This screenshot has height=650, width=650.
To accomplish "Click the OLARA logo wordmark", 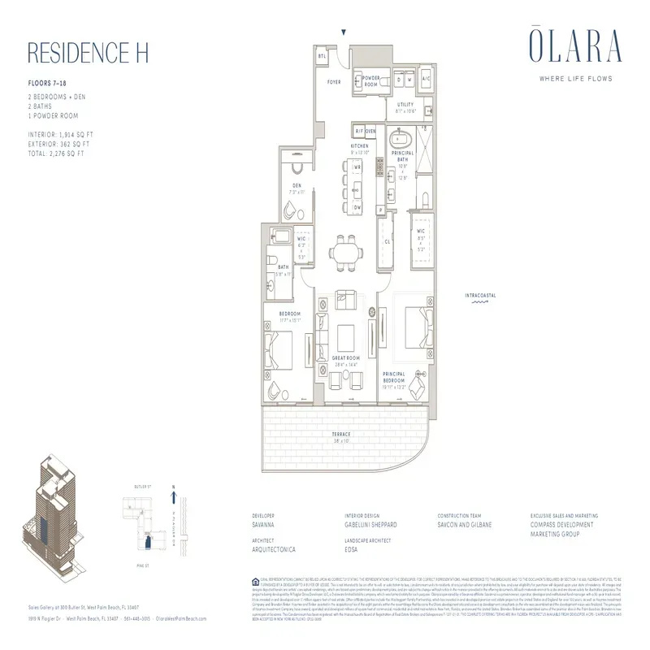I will click(566, 47).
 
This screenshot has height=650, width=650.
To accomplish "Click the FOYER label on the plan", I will click(333, 81).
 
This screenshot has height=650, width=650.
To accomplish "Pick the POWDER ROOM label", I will click(371, 81).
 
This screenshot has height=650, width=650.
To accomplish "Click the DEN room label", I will click(297, 185).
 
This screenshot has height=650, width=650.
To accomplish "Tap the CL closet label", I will click(388, 241).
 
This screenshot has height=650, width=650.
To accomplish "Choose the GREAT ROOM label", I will click(347, 361).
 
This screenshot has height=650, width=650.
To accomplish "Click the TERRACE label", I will click(341, 435).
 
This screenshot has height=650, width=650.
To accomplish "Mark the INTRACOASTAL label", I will click(481, 294).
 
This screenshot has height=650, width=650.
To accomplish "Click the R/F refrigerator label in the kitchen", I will click(358, 131).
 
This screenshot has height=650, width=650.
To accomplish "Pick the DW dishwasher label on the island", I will click(357, 206).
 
